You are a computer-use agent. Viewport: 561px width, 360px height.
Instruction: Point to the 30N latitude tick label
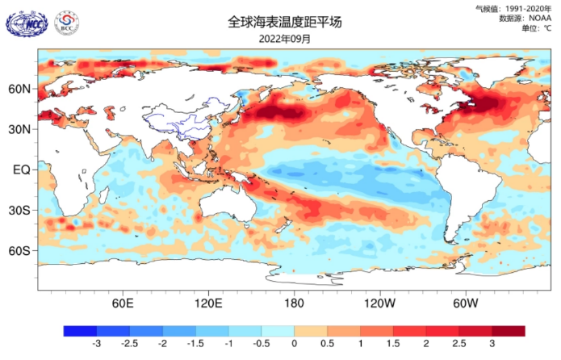pyautogui.click(x=19, y=129)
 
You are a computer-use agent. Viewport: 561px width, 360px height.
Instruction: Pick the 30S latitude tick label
pyautogui.click(x=19, y=210)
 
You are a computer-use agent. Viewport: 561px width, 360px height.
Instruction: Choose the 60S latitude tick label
pyautogui.click(x=19, y=250)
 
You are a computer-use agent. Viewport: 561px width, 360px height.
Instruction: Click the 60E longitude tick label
pyautogui.click(x=123, y=303)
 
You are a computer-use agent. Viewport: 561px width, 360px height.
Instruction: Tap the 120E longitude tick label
pyautogui.click(x=208, y=303)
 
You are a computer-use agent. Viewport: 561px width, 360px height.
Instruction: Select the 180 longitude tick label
pyautogui.click(x=294, y=303)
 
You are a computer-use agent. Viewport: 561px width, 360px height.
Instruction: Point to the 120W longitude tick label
pyautogui.click(x=379, y=303)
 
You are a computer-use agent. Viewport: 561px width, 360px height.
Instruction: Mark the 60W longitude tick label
pyautogui.click(x=464, y=303)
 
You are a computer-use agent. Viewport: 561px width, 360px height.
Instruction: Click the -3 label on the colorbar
pyautogui.click(x=96, y=344)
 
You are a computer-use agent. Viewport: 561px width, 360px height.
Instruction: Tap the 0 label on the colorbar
pyautogui.click(x=294, y=344)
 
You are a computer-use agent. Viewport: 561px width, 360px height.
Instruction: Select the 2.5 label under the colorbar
pyautogui.click(x=458, y=344)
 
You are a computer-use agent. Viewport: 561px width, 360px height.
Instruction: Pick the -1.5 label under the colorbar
pyautogui.click(x=195, y=344)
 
